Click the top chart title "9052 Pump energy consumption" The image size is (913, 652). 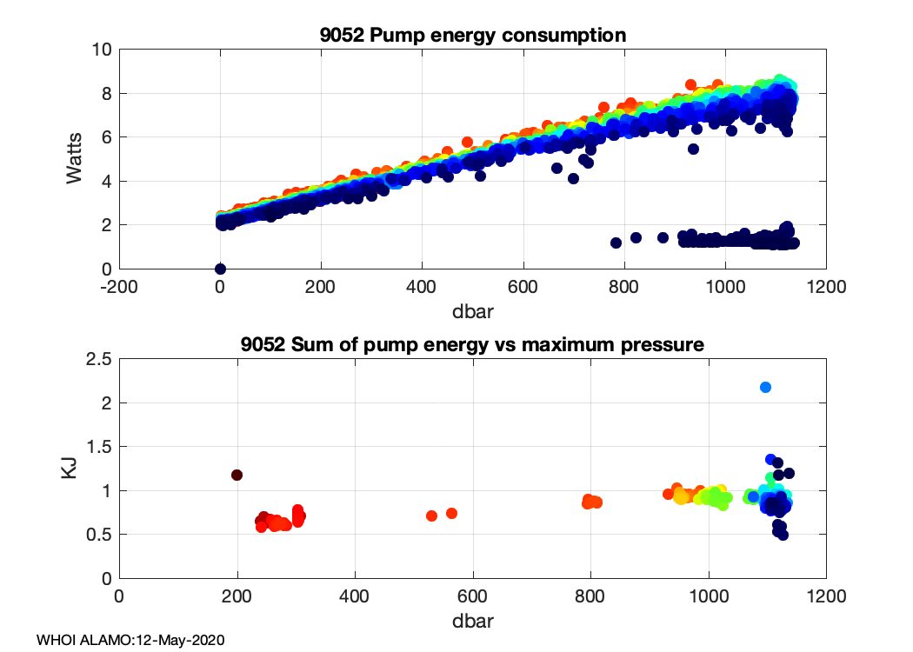click(x=472, y=35)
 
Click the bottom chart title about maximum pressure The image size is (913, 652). click(x=472, y=345)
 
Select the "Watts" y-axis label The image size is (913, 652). click(x=76, y=158)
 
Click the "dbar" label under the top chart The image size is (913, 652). click(x=472, y=307)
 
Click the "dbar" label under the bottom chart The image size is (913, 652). click(x=472, y=622)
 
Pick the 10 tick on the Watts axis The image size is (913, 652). click(x=102, y=50)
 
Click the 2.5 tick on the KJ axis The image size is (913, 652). click(x=98, y=359)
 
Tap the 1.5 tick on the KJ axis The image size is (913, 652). click(x=98, y=447)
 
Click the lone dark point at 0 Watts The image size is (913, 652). click(x=220, y=269)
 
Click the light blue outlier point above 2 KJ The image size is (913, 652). click(x=765, y=387)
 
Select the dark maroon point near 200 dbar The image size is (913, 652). click(x=237, y=475)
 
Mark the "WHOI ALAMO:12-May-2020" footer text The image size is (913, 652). click(x=130, y=640)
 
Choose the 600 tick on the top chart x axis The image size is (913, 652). click(x=523, y=286)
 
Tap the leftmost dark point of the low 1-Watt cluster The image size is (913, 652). click(x=616, y=243)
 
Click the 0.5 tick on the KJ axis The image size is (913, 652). click(x=98, y=535)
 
